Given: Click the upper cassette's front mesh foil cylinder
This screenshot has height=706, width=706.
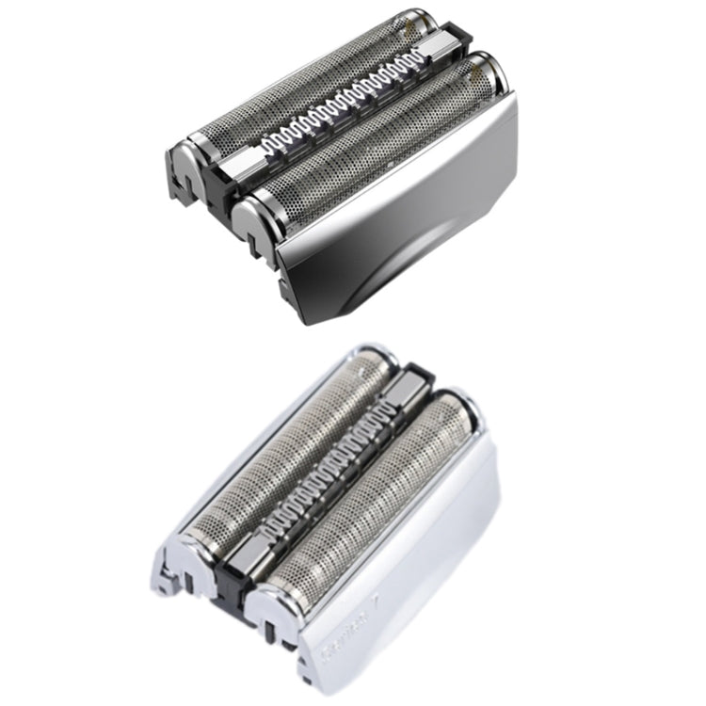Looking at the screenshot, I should pos(377,141).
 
